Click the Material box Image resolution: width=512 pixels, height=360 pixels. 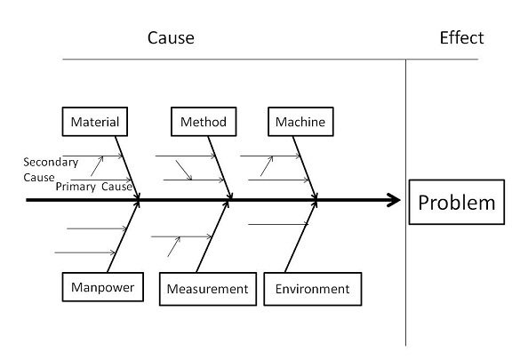[95, 122]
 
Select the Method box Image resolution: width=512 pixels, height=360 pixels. [204, 122]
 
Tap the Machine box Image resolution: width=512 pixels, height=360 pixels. [300, 122]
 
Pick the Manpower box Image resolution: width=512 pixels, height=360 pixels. [103, 287]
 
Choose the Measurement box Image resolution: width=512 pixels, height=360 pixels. [208, 289]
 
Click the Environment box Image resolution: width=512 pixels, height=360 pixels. [313, 289]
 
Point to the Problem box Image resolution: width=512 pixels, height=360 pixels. [457, 202]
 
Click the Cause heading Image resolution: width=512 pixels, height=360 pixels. [171, 37]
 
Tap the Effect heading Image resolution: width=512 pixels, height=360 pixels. [461, 37]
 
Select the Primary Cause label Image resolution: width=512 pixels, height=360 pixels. [94, 187]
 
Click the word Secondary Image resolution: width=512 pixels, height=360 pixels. [51, 162]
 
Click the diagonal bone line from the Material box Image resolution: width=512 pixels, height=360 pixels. [127, 168]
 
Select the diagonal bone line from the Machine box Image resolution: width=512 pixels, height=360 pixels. [305, 168]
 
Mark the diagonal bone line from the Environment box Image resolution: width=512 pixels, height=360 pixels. [300, 236]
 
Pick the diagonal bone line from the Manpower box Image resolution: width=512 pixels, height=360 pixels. [124, 236]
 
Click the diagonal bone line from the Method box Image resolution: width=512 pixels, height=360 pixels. [220, 168]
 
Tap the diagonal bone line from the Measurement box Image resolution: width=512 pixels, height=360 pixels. [212, 236]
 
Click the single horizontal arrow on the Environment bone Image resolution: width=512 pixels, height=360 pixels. [278, 224]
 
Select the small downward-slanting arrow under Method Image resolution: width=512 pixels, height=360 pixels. [184, 170]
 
